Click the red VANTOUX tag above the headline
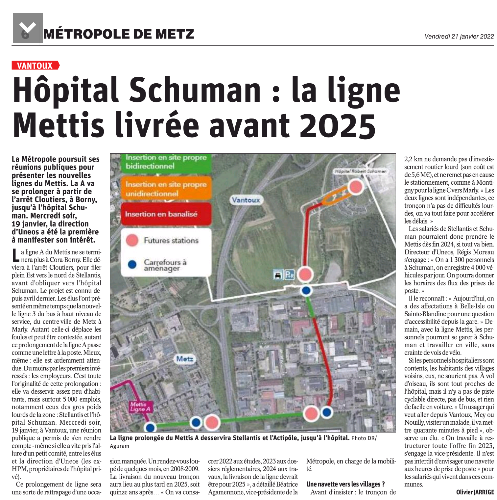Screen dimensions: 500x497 (35, 66)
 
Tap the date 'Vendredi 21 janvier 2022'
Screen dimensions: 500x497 (459, 36)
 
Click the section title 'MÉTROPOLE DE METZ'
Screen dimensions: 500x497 (119, 34)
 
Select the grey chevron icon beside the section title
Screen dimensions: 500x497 (28, 28)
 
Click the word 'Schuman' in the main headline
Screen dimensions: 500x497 (195, 90)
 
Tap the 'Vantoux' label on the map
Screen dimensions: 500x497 (246, 200)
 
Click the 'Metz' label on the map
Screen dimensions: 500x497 (185, 359)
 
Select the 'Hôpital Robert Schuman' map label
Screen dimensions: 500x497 (361, 171)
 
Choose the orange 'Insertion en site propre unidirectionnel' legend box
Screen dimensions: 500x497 (166, 189)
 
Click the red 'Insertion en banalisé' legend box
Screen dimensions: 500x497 (166, 214)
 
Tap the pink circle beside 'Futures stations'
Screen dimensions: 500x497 (132, 240)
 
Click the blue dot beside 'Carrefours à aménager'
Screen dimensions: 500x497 (132, 264)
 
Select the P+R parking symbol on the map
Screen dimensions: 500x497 (289, 275)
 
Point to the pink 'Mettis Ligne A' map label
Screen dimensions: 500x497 (140, 407)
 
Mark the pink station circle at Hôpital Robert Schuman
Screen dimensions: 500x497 (355, 186)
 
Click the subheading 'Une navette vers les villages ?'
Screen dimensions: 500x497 (345, 484)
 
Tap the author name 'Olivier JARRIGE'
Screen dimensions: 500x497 (475, 492)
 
